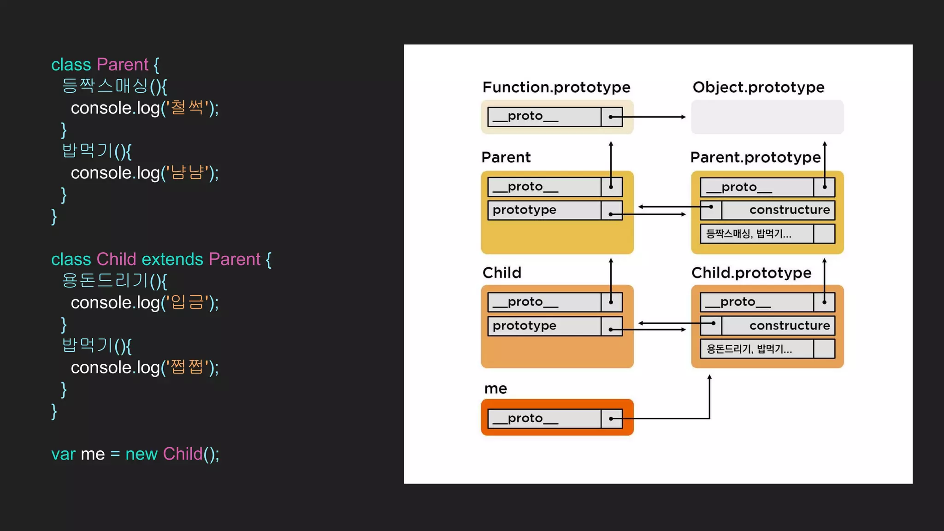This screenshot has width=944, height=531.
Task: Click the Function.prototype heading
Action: [x=556, y=87]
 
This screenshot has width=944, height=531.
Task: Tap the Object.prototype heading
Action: [x=758, y=87]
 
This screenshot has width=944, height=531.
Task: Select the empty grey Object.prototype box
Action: [x=767, y=117]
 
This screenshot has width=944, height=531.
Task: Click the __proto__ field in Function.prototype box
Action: [x=544, y=117]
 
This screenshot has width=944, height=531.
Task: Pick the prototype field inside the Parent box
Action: [x=544, y=210]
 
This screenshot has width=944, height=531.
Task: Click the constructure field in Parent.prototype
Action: [x=778, y=210]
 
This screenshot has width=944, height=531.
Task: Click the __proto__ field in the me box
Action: [x=544, y=419]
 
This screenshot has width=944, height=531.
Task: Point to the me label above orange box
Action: [x=496, y=389]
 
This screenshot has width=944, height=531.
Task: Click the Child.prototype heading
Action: [x=751, y=273]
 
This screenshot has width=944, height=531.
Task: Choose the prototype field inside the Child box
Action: [x=544, y=326]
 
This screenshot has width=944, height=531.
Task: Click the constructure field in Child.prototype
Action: [x=778, y=326]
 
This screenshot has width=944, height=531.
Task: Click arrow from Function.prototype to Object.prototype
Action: [x=655, y=117]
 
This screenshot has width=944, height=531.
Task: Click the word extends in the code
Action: [x=172, y=260]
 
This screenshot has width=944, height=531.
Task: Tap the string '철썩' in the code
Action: [x=187, y=108]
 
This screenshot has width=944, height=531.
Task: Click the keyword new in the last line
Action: [x=141, y=454]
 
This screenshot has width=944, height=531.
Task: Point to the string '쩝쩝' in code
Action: [x=187, y=368]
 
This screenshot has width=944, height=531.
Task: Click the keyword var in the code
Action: [x=63, y=454]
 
